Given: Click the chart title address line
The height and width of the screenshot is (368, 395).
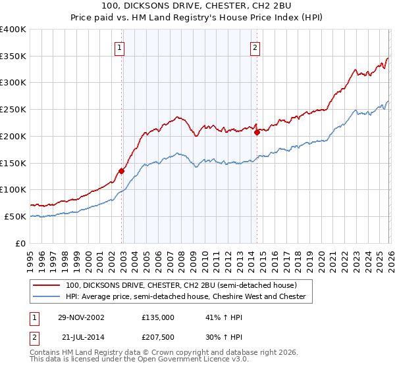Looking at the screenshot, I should point(197,6).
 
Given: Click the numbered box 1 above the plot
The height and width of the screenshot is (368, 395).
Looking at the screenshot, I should point(120,47).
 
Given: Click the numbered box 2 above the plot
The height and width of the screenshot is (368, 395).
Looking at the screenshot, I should point(254,47).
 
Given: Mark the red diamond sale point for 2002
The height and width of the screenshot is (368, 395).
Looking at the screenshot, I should point(122,171).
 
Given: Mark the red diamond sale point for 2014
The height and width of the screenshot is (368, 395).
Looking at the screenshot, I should point(257,132).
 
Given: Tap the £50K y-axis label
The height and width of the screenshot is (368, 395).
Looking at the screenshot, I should point(15,216).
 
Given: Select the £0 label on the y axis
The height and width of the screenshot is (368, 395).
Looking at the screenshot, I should point(21,243).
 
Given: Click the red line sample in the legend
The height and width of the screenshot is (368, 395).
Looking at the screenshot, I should point(47,285).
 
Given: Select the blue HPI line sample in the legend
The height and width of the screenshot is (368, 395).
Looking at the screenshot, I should point(47,296).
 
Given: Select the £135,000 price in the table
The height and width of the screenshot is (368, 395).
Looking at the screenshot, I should point(157,317).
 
